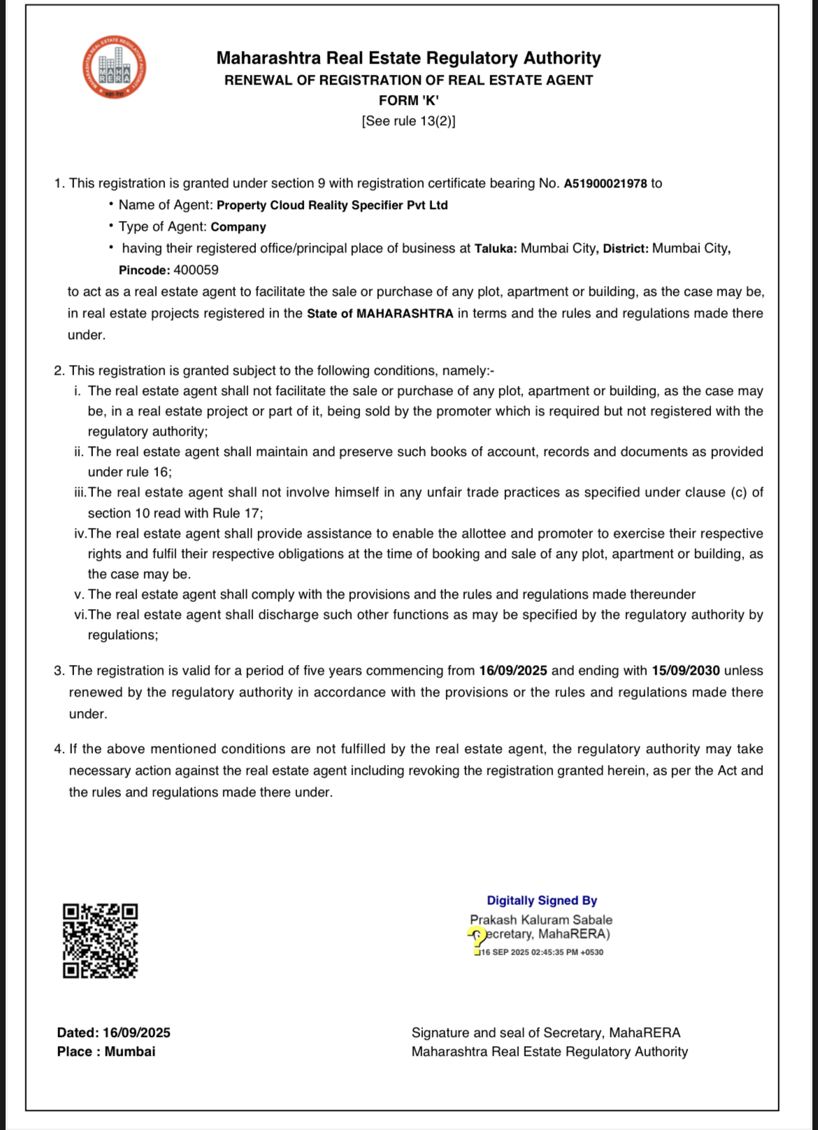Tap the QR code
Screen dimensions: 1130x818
pyautogui.click(x=100, y=941)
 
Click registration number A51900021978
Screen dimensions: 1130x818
pyautogui.click(x=605, y=184)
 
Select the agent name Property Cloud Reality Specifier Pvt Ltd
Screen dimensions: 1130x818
pyautogui.click(x=332, y=206)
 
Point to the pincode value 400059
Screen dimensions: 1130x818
pyautogui.click(x=196, y=270)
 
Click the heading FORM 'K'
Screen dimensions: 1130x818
pyautogui.click(x=408, y=101)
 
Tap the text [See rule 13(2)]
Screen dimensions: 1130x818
pyautogui.click(x=408, y=121)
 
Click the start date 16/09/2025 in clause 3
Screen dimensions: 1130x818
pyautogui.click(x=512, y=671)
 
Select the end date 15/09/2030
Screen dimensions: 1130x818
pyautogui.click(x=685, y=671)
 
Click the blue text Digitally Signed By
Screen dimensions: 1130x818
pyautogui.click(x=542, y=901)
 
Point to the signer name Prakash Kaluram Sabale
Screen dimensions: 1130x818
pyautogui.click(x=540, y=920)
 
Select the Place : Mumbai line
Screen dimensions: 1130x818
pyautogui.click(x=106, y=1052)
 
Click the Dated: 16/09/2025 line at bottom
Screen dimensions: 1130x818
pyautogui.click(x=113, y=1033)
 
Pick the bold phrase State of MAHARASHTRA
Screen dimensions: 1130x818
pyautogui.click(x=380, y=314)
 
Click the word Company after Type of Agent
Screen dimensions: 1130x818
pyautogui.click(x=238, y=227)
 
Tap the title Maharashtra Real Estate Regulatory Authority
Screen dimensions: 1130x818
pyautogui.click(x=408, y=58)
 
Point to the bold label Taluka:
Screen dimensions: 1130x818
pyautogui.click(x=496, y=249)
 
